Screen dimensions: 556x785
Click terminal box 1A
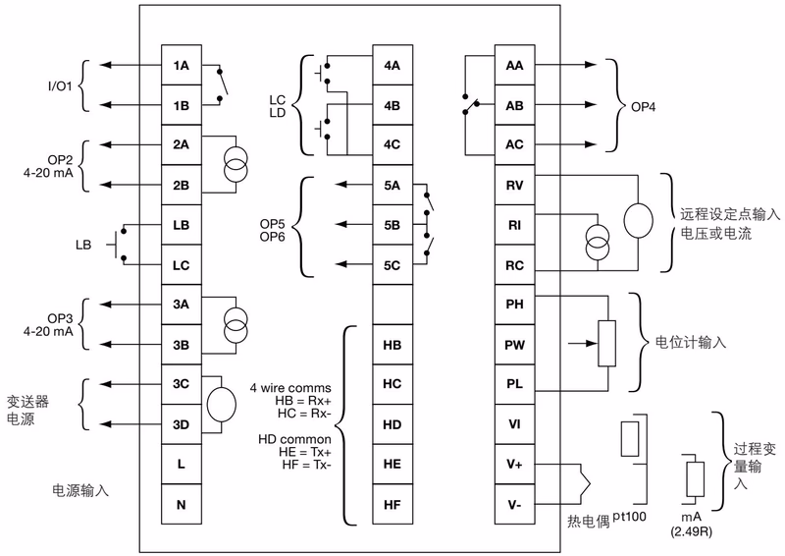[182, 67]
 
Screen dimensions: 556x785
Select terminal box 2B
[182, 185]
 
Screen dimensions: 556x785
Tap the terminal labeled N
[182, 504]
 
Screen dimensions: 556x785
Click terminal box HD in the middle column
[392, 424]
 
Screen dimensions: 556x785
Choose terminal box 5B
[392, 225]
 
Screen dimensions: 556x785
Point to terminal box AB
[514, 105]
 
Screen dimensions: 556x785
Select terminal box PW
[514, 345]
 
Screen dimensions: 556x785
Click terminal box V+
[514, 464]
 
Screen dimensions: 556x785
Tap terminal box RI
[514, 225]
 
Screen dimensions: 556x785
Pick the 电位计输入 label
[691, 344]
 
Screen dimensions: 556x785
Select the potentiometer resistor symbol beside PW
[607, 345]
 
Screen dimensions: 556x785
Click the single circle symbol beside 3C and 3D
[222, 404]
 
